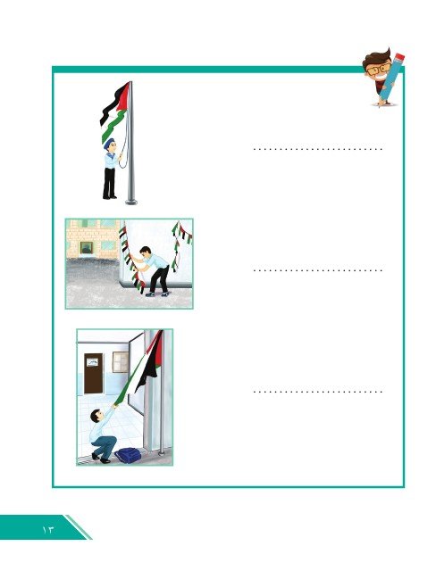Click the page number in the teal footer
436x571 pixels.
click(47, 529)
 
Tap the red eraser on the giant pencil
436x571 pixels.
click(399, 58)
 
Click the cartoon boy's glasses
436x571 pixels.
click(378, 70)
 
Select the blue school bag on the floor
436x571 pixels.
click(128, 455)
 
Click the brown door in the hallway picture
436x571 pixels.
click(94, 373)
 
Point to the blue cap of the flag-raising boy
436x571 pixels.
click(109, 143)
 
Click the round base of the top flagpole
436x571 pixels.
click(131, 202)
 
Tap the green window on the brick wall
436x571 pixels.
click(87, 248)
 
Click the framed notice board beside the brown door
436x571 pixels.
click(121, 362)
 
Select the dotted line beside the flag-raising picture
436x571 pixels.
click(317, 149)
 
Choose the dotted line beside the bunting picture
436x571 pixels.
click(317, 270)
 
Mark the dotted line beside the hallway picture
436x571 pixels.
click(317, 392)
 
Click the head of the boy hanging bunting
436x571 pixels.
click(146, 252)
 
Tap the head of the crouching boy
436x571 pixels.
click(96, 416)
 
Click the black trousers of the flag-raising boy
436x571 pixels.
click(109, 183)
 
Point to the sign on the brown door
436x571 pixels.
click(92, 362)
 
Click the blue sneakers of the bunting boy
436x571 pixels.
click(157, 294)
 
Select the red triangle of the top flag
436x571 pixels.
click(125, 96)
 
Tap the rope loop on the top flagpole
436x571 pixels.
click(124, 145)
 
